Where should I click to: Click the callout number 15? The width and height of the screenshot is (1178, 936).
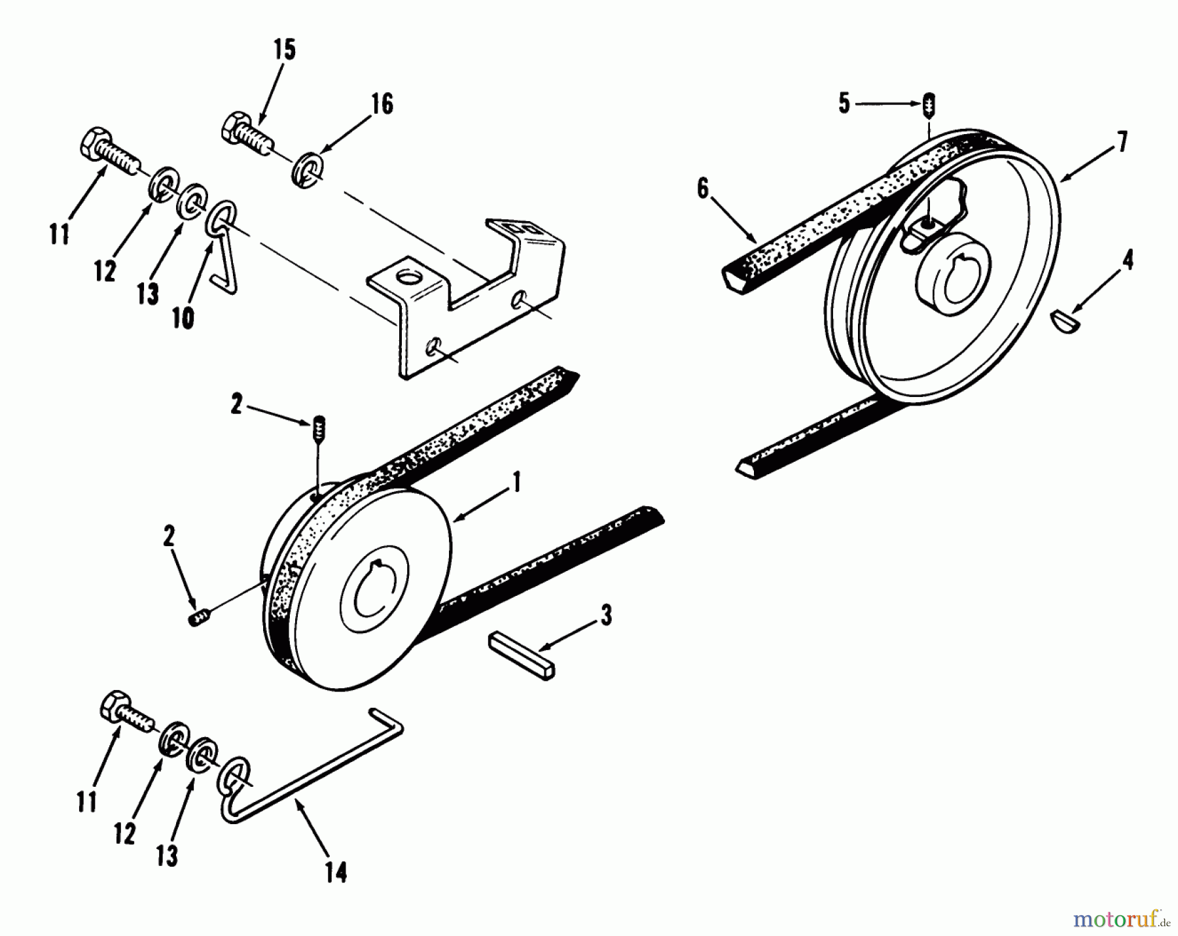(285, 50)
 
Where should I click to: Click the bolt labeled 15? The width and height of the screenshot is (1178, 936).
(249, 133)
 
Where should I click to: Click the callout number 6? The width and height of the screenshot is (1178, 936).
(702, 190)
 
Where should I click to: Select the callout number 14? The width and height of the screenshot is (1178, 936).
(336, 872)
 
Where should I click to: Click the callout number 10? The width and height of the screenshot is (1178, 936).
(184, 319)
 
